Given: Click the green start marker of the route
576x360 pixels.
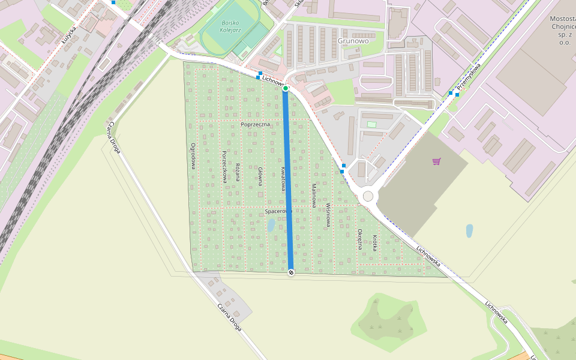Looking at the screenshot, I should tap(286, 88).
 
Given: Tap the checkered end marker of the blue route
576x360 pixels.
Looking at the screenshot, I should tap(291, 272).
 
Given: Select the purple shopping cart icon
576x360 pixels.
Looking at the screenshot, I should tap(436, 161).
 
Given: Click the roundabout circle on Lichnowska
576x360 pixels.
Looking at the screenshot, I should tap(368, 196).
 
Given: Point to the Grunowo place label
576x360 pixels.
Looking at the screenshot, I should tap(353, 41).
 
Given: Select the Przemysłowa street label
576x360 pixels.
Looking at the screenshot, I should tap(469, 77).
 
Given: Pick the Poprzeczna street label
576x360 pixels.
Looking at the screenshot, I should tap(255, 124).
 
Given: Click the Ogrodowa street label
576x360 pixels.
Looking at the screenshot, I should tap(193, 156).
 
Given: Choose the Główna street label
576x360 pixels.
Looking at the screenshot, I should tap(260, 176).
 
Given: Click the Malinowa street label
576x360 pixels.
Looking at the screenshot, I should tap(313, 196).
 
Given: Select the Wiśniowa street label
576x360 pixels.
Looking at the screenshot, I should tap(328, 214).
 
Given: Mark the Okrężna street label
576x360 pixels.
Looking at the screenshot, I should tap(360, 238).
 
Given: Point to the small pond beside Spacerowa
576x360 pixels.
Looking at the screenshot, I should tap(271, 225).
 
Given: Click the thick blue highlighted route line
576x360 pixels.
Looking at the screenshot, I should tap(288, 180).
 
